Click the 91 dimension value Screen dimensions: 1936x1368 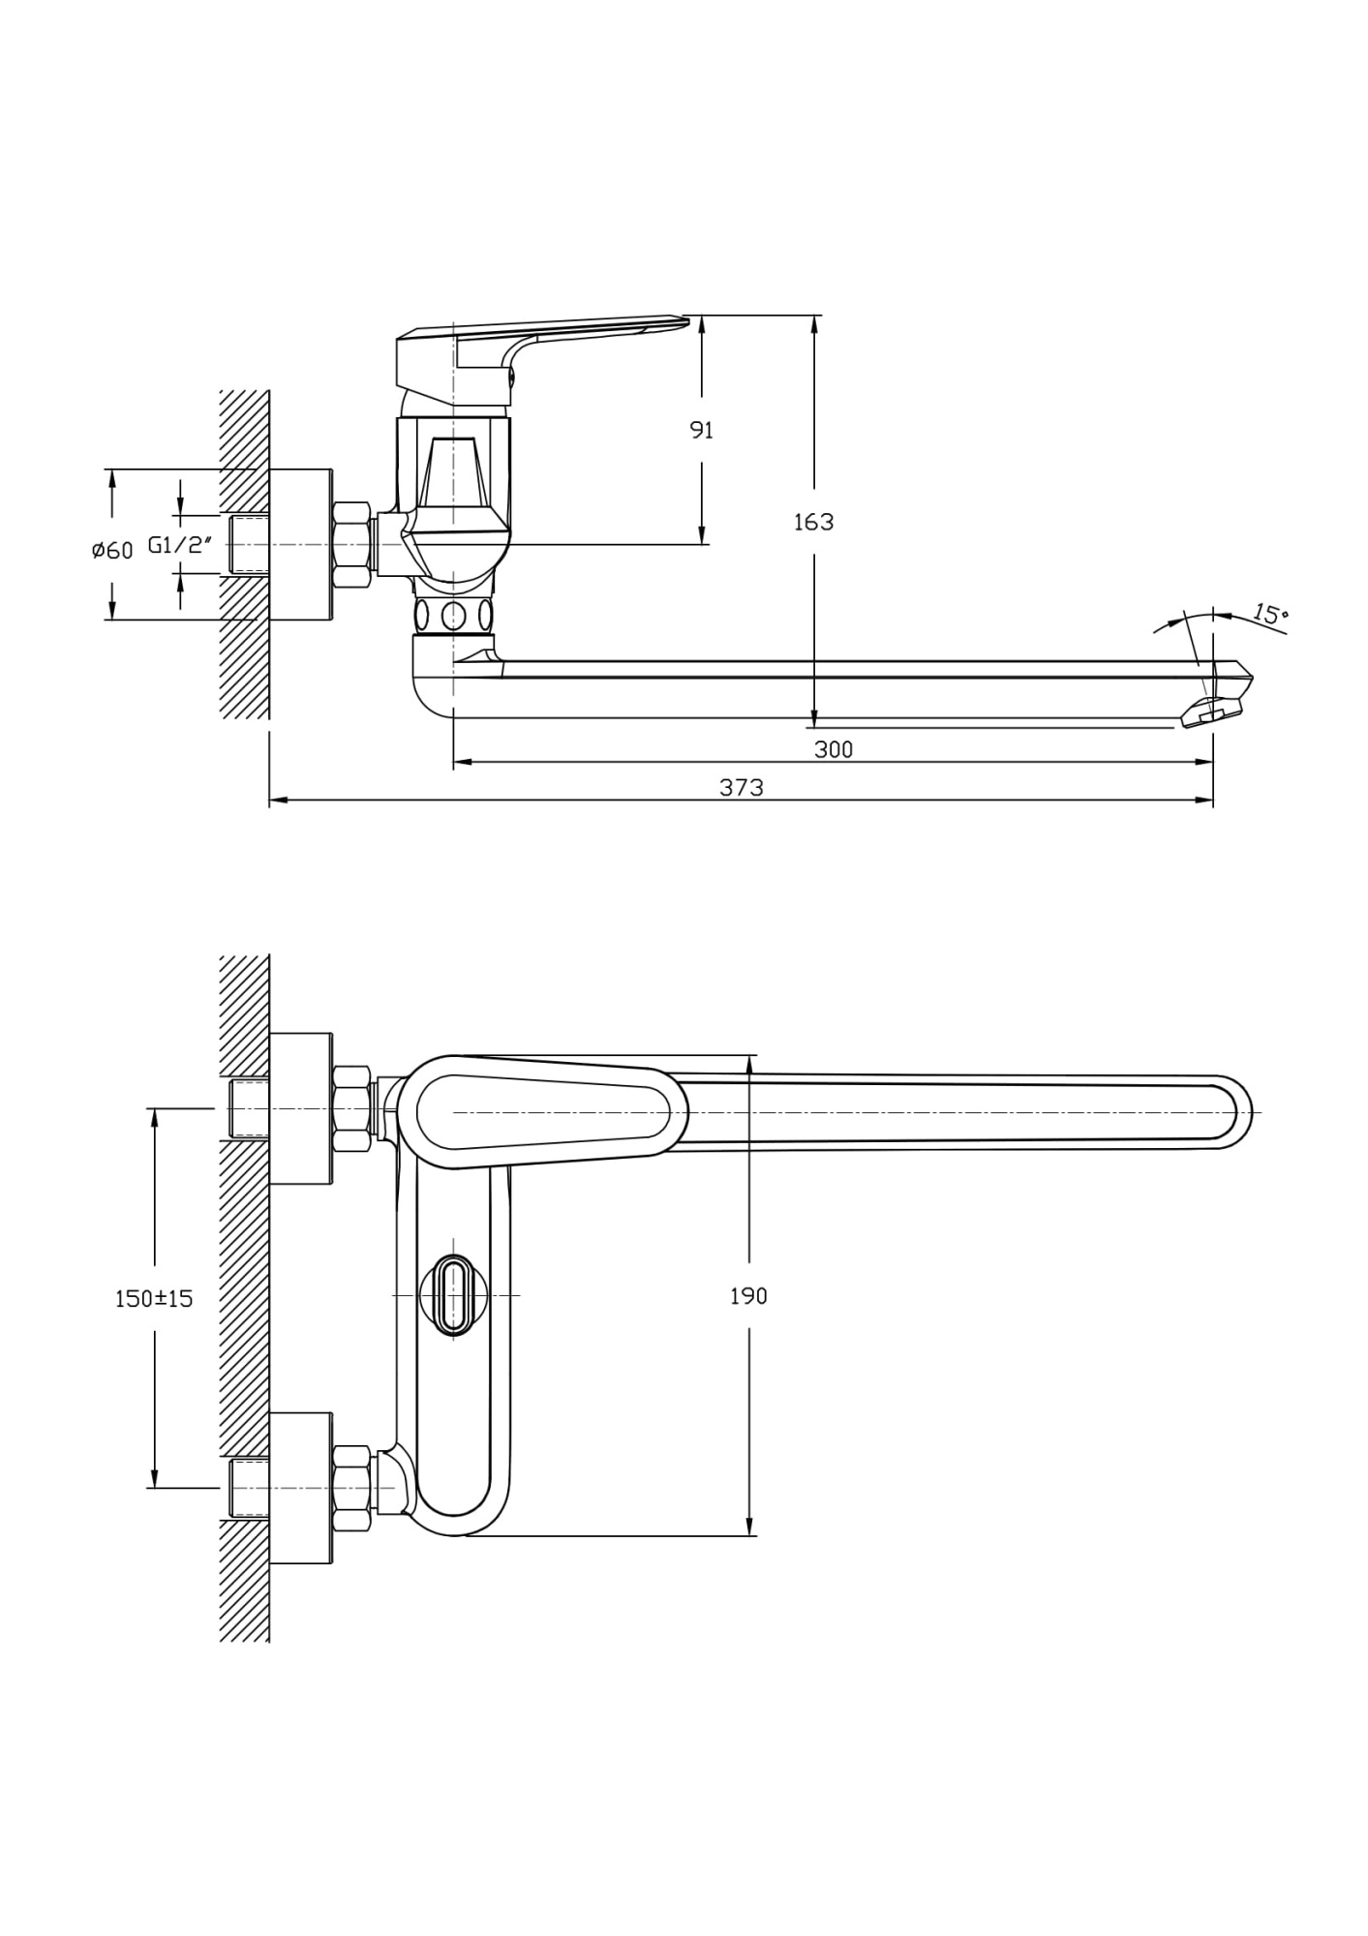[x=701, y=431]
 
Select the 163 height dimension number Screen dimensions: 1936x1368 [x=813, y=522]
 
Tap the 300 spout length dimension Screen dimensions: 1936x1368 [x=833, y=749]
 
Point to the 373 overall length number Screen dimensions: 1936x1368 [x=741, y=788]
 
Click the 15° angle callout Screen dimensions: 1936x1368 [x=1270, y=614]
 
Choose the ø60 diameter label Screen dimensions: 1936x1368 [x=112, y=551]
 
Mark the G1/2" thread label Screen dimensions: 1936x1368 [x=179, y=545]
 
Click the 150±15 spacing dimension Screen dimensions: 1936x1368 [x=154, y=1299]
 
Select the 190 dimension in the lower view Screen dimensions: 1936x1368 [x=748, y=1296]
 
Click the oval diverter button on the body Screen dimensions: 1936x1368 [x=452, y=1295]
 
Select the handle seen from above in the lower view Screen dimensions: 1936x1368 [x=542, y=1112]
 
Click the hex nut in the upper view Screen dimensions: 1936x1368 [x=351, y=545]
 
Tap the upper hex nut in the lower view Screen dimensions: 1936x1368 [x=351, y=1108]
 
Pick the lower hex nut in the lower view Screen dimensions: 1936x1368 [x=351, y=1488]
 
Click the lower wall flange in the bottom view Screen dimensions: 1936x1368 [x=301, y=1488]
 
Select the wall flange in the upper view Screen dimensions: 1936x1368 [x=301, y=545]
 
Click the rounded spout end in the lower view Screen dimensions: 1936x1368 [x=1230, y=1112]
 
